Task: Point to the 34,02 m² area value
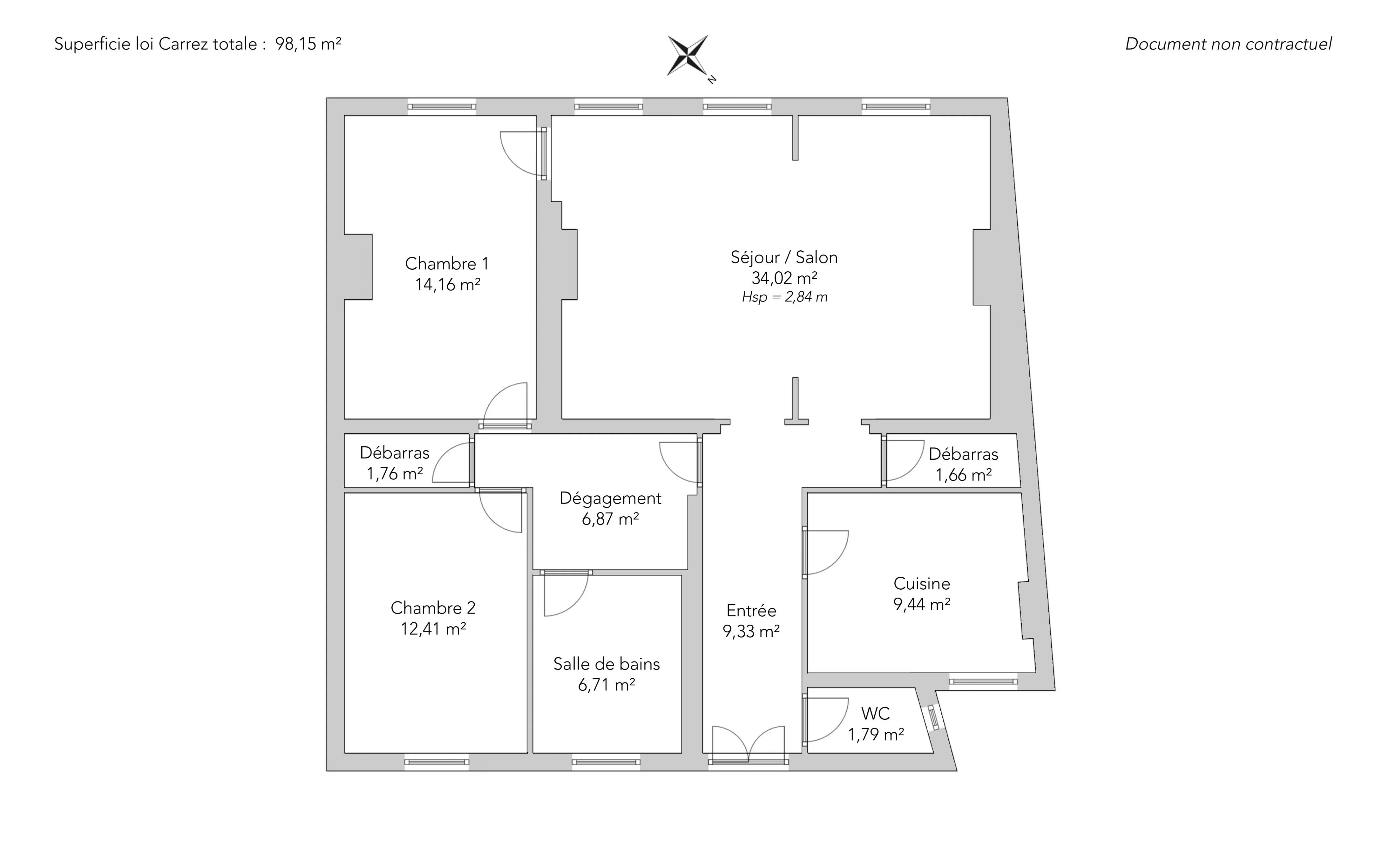pyautogui.click(x=784, y=278)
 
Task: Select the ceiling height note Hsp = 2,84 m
pyautogui.click(x=784, y=297)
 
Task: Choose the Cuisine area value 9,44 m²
pyautogui.click(x=922, y=604)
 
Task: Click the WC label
pyautogui.click(x=875, y=713)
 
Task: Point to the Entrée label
pyautogui.click(x=751, y=610)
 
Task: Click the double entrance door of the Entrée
pyautogui.click(x=748, y=744)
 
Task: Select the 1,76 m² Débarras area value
pyautogui.click(x=395, y=473)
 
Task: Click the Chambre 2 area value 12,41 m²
pyautogui.click(x=433, y=629)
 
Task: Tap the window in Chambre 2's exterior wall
pyautogui.click(x=437, y=762)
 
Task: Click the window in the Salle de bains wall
pyautogui.click(x=606, y=762)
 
